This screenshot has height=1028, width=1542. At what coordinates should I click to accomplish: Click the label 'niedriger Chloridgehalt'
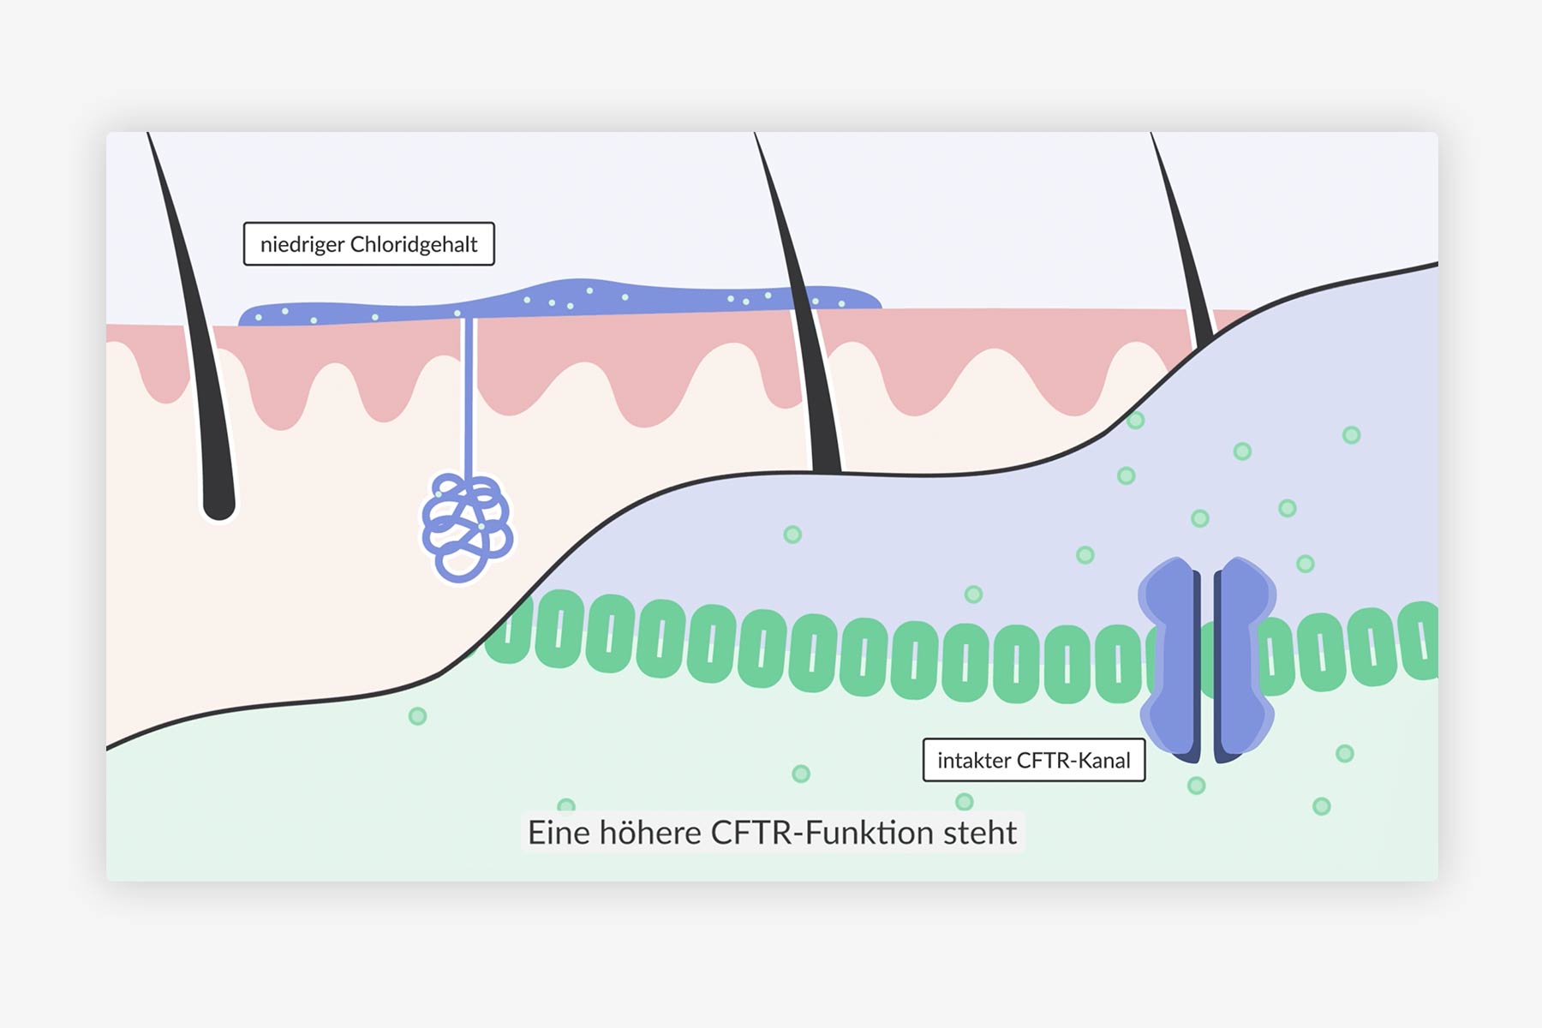(368, 244)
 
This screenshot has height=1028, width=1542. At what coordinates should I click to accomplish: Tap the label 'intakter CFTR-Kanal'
(1034, 760)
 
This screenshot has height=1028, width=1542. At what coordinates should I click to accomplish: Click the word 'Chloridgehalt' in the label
(414, 244)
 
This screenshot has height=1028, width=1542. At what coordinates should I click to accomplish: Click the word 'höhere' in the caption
(650, 833)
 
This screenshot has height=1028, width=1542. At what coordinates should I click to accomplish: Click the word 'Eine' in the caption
(559, 833)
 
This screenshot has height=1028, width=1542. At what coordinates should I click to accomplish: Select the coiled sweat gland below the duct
(467, 528)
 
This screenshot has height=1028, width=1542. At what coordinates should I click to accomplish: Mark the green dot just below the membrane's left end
(417, 716)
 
